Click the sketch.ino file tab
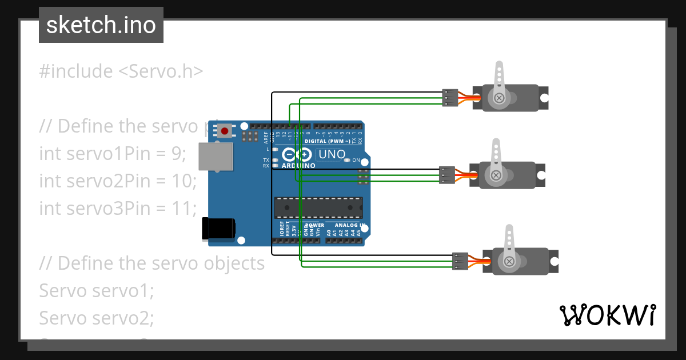pyautogui.click(x=101, y=25)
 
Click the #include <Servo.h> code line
pyautogui.click(x=121, y=71)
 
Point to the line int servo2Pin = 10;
pyautogui.click(x=118, y=181)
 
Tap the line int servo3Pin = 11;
pyautogui.click(x=117, y=208)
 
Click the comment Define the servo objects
pyautogui.click(x=151, y=263)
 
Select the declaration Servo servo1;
pyautogui.click(x=97, y=290)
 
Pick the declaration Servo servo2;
pyautogui.click(x=97, y=317)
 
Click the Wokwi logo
pyautogui.click(x=607, y=315)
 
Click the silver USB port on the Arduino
pyautogui.click(x=216, y=157)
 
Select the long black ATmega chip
pyautogui.click(x=318, y=207)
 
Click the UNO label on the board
pyautogui.click(x=332, y=154)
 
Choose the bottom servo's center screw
pyautogui.click(x=508, y=261)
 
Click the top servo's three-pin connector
pyautogui.click(x=450, y=98)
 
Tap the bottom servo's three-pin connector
pyautogui.click(x=460, y=261)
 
